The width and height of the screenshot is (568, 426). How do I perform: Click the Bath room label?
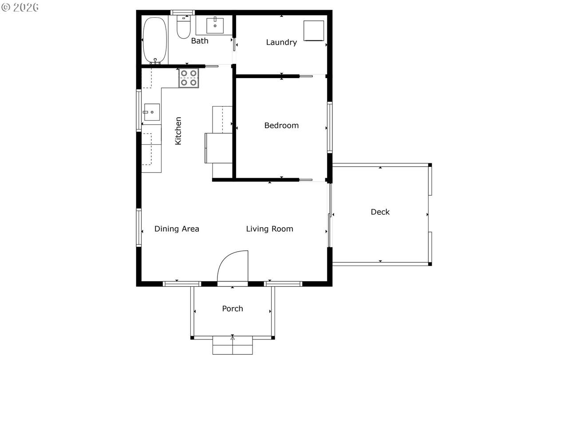[200, 41]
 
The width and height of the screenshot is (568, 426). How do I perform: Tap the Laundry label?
[281, 43]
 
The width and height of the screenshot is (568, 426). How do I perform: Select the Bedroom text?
[281, 126]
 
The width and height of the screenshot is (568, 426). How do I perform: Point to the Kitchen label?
[178, 131]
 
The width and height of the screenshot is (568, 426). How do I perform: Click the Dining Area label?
[177, 229]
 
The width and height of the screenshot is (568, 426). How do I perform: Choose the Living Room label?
[269, 229]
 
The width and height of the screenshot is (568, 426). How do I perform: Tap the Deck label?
[380, 212]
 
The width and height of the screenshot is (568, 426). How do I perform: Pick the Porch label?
[233, 308]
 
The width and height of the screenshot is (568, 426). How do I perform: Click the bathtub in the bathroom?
[155, 40]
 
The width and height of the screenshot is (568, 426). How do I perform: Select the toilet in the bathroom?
[183, 27]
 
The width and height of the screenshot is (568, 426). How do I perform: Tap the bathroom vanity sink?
[215, 26]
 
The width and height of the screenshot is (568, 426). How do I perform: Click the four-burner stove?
[189, 78]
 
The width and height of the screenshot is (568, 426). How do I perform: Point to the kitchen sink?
[152, 112]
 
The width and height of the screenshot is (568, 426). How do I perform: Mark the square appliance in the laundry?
[314, 31]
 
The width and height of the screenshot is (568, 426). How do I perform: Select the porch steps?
[233, 345]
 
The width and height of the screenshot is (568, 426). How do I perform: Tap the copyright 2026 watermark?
[20, 7]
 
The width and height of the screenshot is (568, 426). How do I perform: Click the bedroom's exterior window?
[330, 127]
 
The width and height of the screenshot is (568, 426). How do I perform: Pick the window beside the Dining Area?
[139, 228]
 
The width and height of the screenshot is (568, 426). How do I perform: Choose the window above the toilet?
[182, 12]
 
